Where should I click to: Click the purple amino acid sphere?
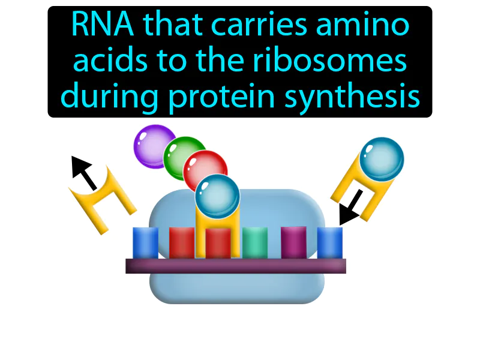pyautogui.click(x=154, y=144)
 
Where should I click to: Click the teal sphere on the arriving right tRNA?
pyautogui.click(x=383, y=159)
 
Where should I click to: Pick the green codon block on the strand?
pyautogui.click(x=255, y=243)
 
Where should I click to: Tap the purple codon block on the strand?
pyautogui.click(x=293, y=243)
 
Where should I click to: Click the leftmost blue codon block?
pyautogui.click(x=145, y=243)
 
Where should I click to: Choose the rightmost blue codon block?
pyautogui.click(x=329, y=243)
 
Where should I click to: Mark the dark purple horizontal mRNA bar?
pyautogui.click(x=236, y=266)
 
